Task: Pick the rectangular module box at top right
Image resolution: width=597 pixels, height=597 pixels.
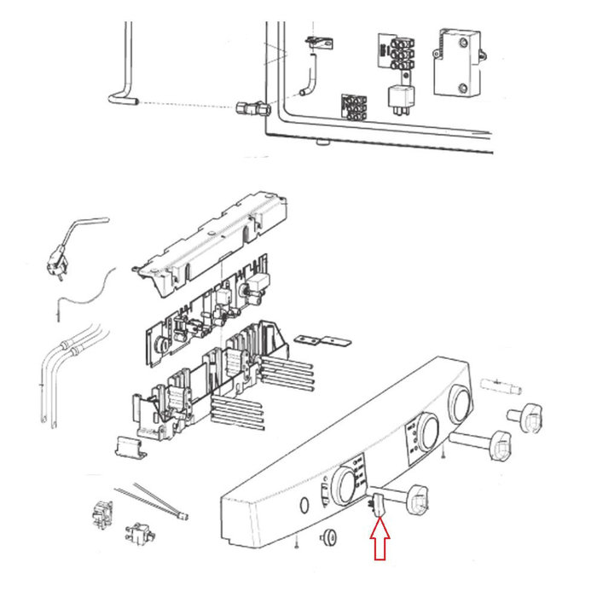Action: (x=459, y=62)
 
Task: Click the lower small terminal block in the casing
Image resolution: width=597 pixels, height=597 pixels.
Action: (x=354, y=108)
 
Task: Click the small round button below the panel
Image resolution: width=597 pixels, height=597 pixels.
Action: (x=326, y=539)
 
